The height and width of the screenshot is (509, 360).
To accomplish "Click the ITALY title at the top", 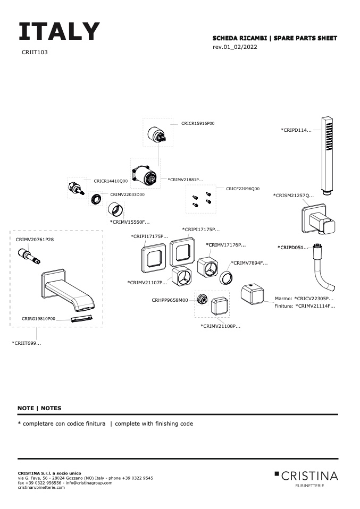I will click(59, 32).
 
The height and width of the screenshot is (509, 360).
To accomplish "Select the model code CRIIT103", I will click(35, 53).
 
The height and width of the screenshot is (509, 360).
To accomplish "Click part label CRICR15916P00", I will click(198, 123).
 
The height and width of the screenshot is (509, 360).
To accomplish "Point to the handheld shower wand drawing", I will click(327, 154).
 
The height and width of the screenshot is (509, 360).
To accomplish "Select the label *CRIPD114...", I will click(296, 130).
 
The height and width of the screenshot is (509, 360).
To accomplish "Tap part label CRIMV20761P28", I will click(35, 240).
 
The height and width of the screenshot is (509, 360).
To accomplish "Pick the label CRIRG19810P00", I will click(39, 318).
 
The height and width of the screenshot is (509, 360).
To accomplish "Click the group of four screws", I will click(202, 199).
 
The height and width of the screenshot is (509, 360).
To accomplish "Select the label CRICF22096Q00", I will click(242, 189).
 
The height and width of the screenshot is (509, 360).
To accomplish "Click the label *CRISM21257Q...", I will click(294, 196).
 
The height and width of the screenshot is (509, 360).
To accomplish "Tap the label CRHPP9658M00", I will click(170, 300).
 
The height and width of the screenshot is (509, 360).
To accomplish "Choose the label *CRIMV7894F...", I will click(249, 263).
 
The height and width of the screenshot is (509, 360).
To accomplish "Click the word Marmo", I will click(283, 299).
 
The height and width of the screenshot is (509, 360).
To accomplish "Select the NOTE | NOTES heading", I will click(39, 408).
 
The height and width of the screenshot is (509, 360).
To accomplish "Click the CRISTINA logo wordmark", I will click(309, 475).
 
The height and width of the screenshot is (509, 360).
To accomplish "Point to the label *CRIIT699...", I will click(27, 344).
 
